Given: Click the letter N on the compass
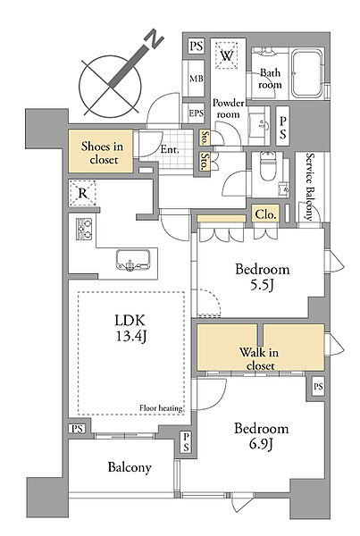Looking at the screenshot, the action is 155,38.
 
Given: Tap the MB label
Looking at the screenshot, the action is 197,79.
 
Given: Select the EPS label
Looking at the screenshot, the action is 197,113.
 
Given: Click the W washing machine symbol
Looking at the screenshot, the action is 226,55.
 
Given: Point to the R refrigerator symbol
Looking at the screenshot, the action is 83,193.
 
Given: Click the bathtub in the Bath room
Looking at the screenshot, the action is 307,74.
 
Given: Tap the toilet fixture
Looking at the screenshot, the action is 266,167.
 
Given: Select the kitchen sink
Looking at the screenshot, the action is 132,260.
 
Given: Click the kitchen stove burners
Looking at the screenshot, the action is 84,229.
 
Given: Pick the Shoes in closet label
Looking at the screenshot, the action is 102,153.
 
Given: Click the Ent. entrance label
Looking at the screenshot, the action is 170,149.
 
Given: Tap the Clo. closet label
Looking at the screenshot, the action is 265,214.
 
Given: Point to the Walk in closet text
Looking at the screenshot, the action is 259,358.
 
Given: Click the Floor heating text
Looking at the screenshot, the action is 161,408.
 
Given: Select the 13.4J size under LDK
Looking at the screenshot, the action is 131,337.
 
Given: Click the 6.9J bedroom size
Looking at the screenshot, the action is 261,444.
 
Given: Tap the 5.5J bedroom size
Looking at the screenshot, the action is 262,285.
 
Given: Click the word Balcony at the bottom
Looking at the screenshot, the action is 130,467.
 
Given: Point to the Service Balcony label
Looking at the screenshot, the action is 309,187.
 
